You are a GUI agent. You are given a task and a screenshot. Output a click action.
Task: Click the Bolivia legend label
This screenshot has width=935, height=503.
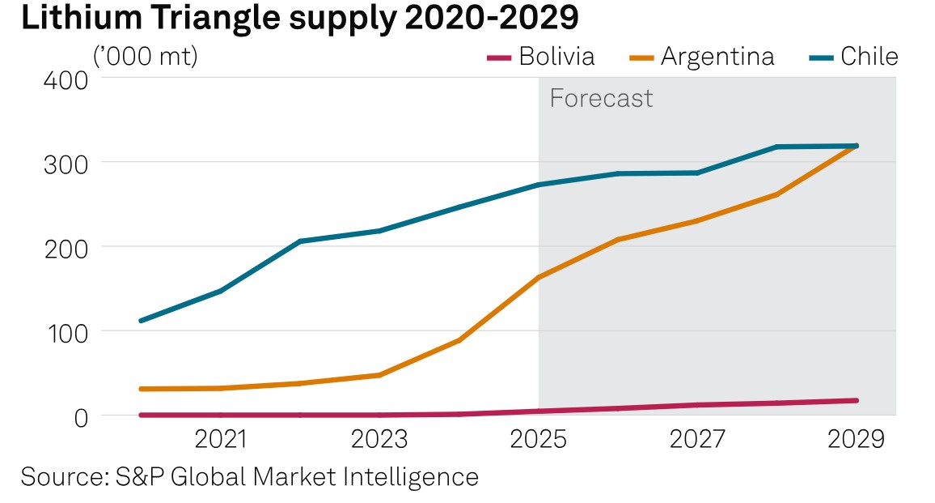point(557,57)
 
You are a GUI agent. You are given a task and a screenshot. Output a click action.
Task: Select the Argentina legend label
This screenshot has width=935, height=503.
point(717,57)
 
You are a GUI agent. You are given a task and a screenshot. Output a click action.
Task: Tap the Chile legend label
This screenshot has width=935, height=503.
point(869,57)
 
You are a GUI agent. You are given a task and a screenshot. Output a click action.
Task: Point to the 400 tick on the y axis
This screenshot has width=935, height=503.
point(61,81)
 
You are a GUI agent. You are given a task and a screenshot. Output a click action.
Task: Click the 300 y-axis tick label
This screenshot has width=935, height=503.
point(61,163)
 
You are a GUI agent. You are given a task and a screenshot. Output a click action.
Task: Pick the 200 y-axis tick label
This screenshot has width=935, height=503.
point(61,247)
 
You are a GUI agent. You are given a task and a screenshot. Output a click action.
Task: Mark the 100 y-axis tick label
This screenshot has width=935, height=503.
point(61,331)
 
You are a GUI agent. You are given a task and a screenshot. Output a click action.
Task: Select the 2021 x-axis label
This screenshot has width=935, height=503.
point(221,441)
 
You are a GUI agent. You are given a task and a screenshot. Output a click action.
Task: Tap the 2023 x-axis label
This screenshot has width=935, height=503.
point(379,441)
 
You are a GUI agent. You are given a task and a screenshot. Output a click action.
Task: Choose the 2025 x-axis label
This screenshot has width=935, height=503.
point(539,441)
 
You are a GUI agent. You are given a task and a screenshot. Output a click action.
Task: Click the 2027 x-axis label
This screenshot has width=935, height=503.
point(697,441)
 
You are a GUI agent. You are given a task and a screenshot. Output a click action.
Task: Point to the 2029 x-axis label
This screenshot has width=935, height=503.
point(856,441)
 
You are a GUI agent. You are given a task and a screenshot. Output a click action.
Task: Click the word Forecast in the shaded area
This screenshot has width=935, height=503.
point(601,99)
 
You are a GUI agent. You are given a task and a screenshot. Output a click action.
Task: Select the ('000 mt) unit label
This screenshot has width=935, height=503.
point(146,57)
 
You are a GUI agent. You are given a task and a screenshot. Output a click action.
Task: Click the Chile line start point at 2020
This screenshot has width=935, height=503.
point(142,321)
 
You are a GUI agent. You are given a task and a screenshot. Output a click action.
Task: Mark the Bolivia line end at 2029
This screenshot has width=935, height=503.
point(856,400)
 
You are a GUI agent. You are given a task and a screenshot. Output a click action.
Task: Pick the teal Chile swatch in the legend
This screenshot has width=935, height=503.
point(821,58)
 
